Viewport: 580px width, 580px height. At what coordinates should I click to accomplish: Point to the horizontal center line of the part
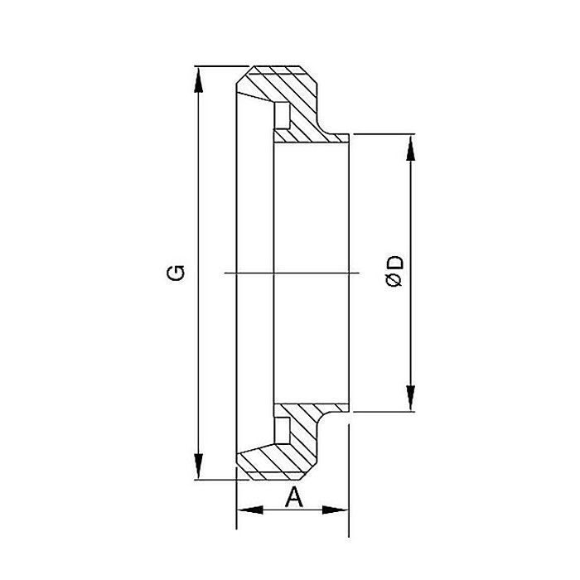click(290, 273)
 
